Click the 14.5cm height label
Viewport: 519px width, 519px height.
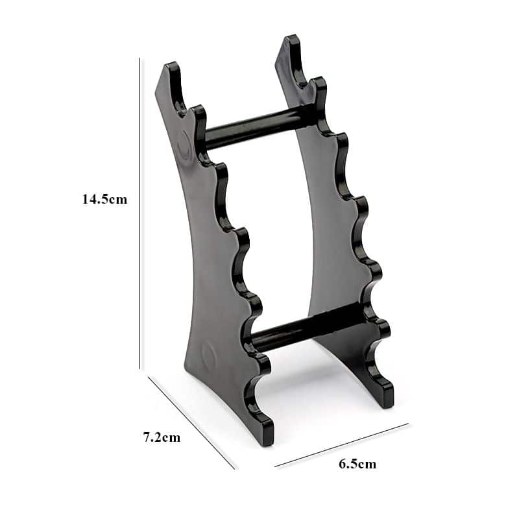click(104, 199)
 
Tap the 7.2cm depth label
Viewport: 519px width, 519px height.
click(162, 437)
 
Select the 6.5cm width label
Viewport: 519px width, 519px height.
click(357, 464)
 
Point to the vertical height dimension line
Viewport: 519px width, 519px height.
click(140, 214)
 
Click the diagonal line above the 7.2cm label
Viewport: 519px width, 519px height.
click(191, 422)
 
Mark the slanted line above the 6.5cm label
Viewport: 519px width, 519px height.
click(341, 445)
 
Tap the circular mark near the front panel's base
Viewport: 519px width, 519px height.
click(210, 354)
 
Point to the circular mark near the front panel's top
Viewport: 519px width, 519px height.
click(185, 139)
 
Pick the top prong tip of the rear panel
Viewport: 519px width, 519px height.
click(292, 40)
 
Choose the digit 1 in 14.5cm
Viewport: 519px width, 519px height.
click(85, 199)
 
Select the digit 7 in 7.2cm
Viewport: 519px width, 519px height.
click(147, 437)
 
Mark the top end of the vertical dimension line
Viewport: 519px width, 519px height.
click(140, 58)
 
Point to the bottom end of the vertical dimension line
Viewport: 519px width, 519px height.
click(140, 368)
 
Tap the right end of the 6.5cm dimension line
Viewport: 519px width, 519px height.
click(408, 424)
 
